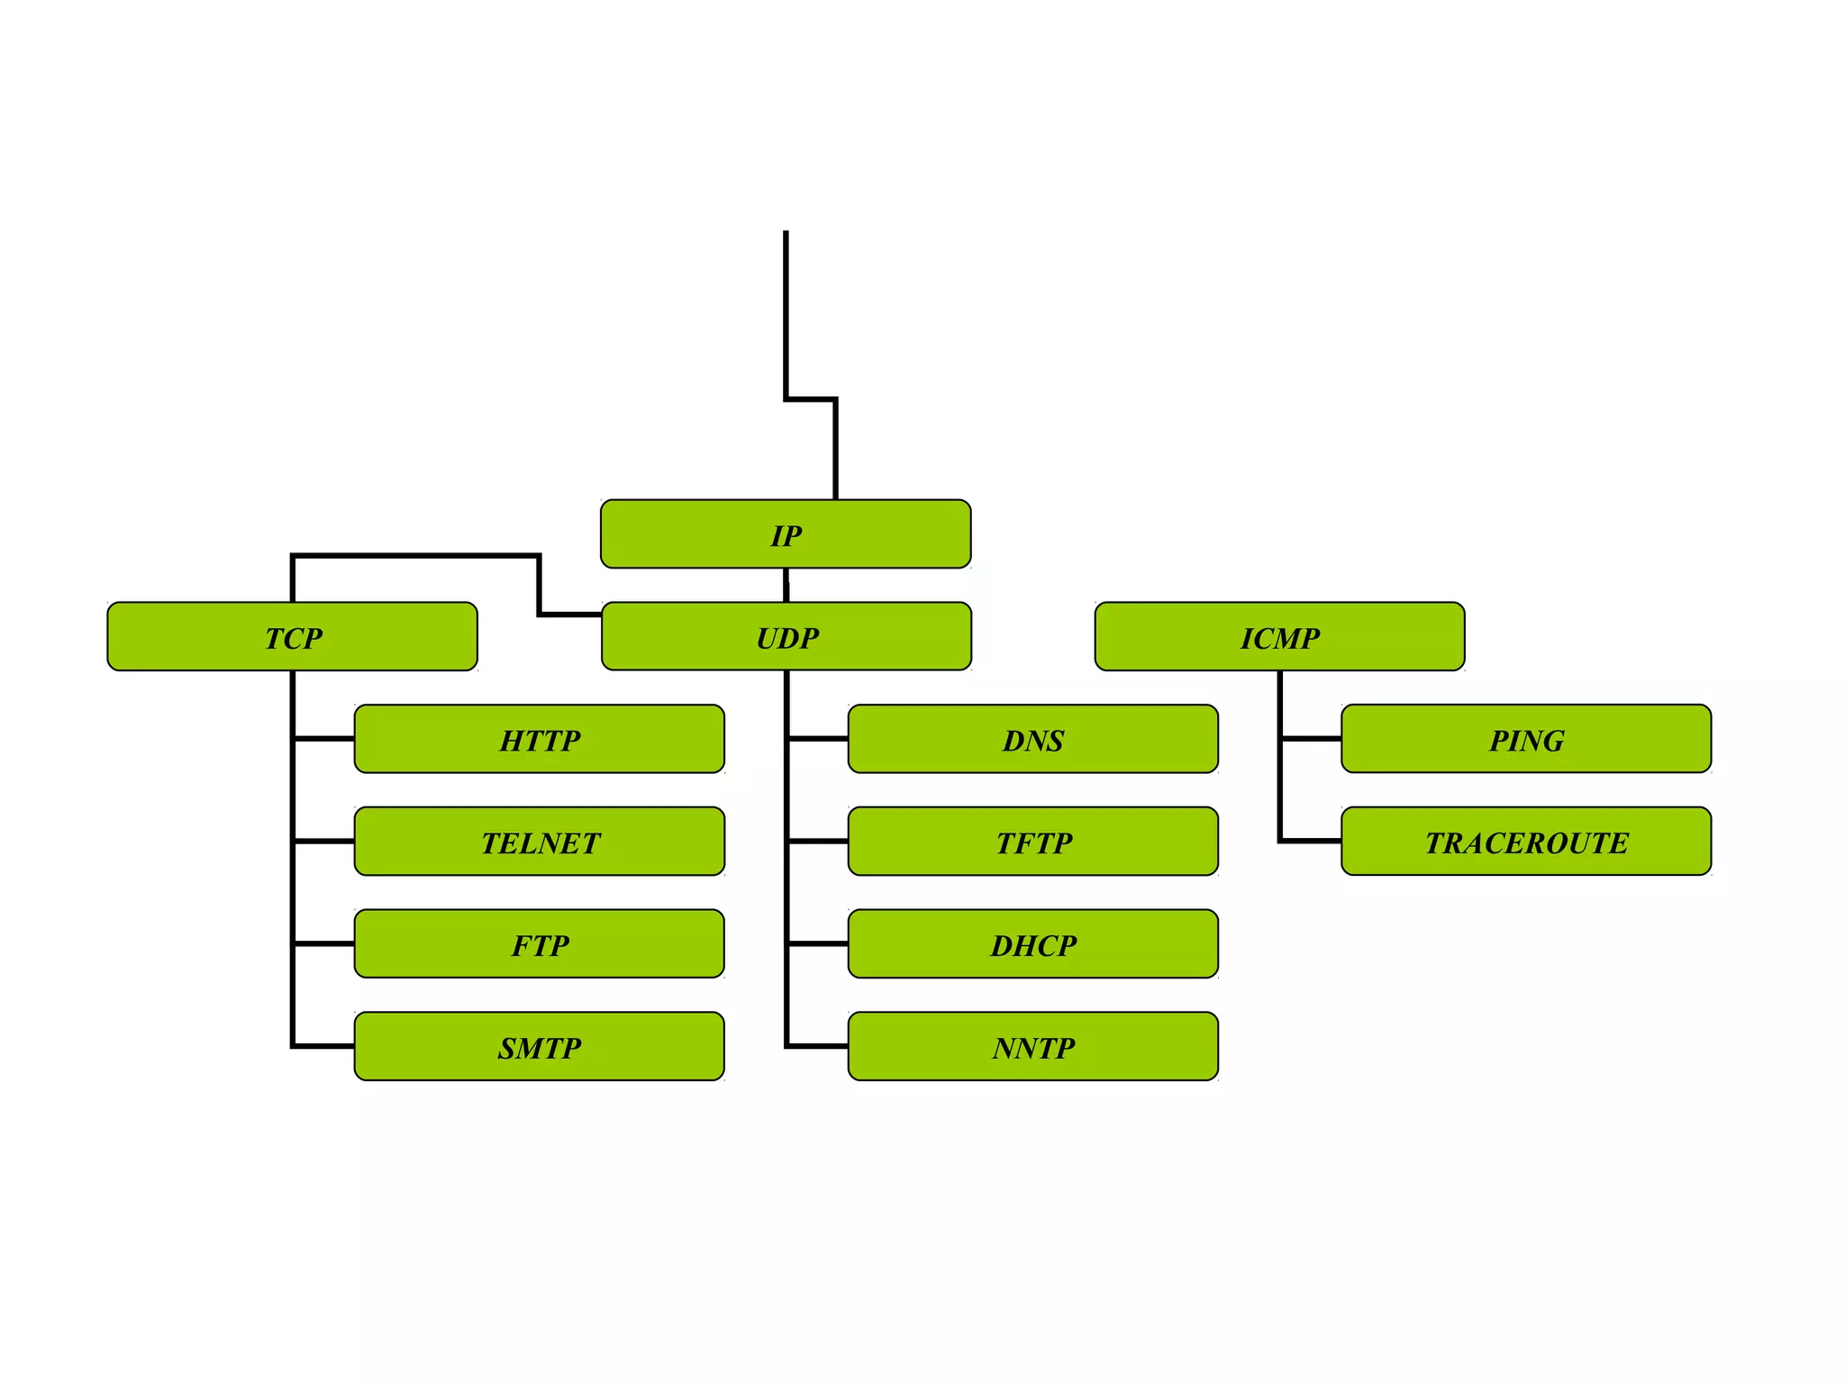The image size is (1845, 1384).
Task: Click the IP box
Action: pyautogui.click(x=786, y=534)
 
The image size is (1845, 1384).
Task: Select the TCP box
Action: pyautogui.click(x=292, y=637)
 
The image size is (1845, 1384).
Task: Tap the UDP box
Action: pyautogui.click(x=786, y=636)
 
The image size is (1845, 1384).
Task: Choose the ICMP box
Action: pyautogui.click(x=1279, y=637)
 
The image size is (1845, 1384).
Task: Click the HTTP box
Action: pyautogui.click(x=540, y=739)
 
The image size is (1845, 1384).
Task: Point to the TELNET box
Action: pyautogui.click(x=540, y=842)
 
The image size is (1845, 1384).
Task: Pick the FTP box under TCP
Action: pyautogui.click(x=540, y=944)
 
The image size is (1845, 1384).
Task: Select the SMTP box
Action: pyautogui.click(x=540, y=1047)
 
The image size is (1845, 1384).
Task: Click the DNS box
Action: pyautogui.click(x=1033, y=739)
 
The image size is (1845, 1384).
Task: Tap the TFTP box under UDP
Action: pyautogui.click(x=1033, y=842)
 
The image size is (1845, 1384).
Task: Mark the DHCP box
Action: pyautogui.click(x=1033, y=944)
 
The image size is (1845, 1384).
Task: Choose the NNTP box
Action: pyautogui.click(x=1033, y=1047)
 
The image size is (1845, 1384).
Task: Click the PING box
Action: pyautogui.click(x=1526, y=739)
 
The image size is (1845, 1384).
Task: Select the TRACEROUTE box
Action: pyautogui.click(x=1526, y=842)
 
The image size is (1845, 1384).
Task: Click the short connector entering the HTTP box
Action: pyautogui.click(x=324, y=739)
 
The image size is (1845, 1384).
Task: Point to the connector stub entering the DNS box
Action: pyautogui.click(x=818, y=739)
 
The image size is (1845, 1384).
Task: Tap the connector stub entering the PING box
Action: pyautogui.click(x=1311, y=739)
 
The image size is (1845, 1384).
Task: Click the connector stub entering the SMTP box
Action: pyautogui.click(x=324, y=1046)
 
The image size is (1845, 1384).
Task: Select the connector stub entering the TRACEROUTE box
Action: pyautogui.click(x=1311, y=841)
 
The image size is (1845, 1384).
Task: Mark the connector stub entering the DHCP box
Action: pyautogui.click(x=818, y=944)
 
